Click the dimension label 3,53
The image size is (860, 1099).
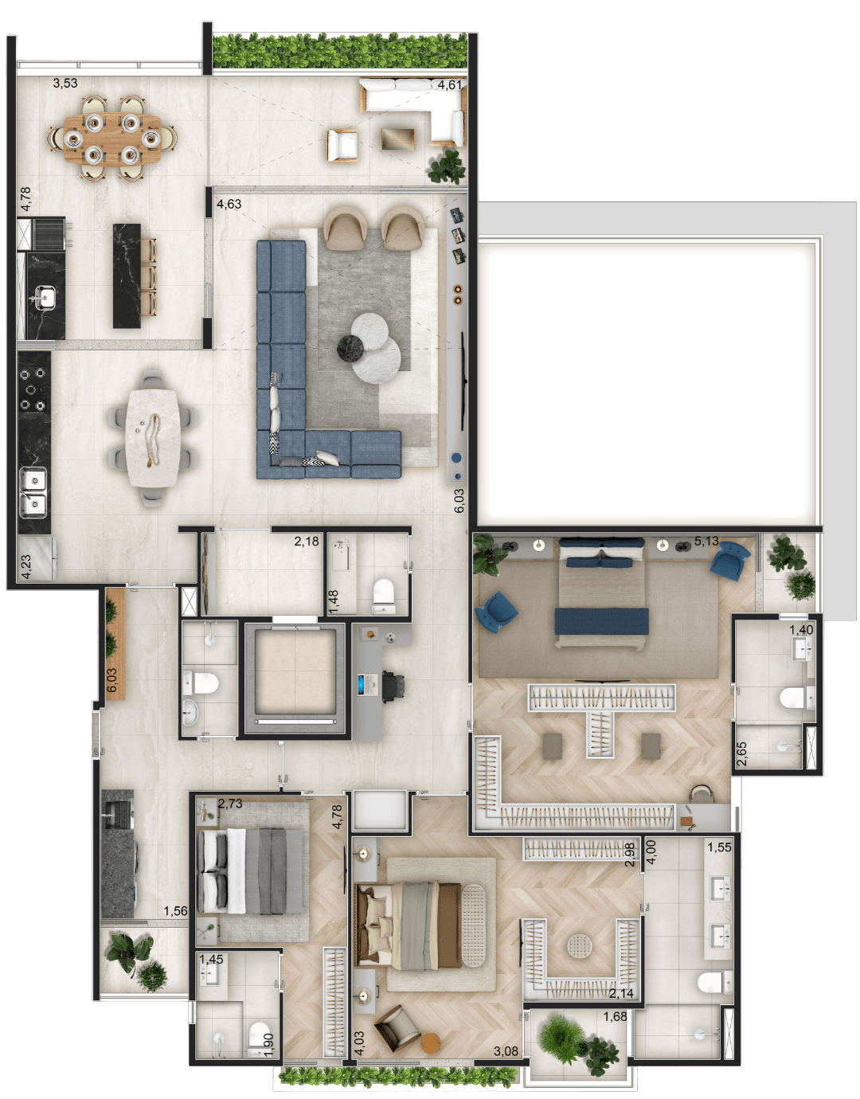(x=65, y=83)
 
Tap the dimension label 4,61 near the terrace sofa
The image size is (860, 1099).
(x=449, y=84)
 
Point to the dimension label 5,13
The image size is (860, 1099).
(x=706, y=542)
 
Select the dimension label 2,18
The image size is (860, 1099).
(x=307, y=542)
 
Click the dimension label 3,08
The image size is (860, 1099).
(x=506, y=1051)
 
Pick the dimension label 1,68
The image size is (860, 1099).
(x=615, y=1016)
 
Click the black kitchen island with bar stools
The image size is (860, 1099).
(x=127, y=276)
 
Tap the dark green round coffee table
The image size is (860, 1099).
(x=350, y=349)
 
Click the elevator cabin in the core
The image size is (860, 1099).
(x=295, y=672)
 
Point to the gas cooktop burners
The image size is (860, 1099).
(x=33, y=389)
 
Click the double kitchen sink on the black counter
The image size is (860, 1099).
(x=33, y=492)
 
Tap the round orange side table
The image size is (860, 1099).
(x=431, y=1043)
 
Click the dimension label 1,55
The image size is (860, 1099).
(x=719, y=847)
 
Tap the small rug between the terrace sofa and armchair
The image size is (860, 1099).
(x=398, y=139)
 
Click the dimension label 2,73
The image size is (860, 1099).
(x=230, y=804)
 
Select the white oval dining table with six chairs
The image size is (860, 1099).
(x=153, y=439)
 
